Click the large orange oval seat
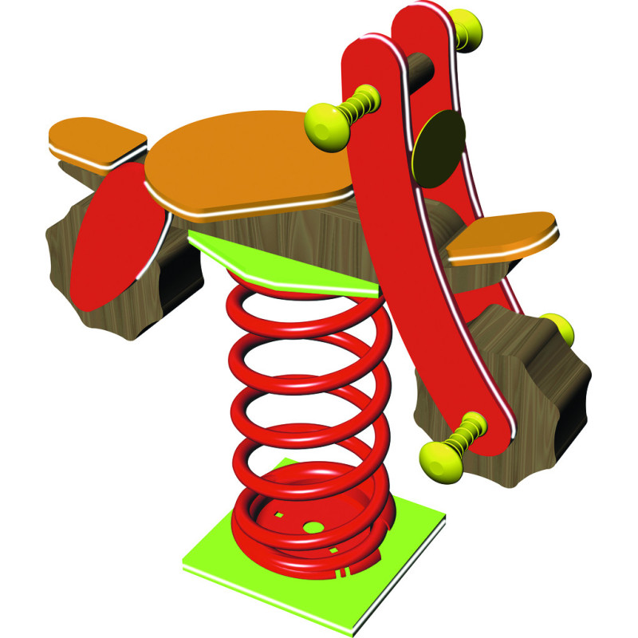[x=247, y=163]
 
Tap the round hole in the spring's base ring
[x=313, y=526]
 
